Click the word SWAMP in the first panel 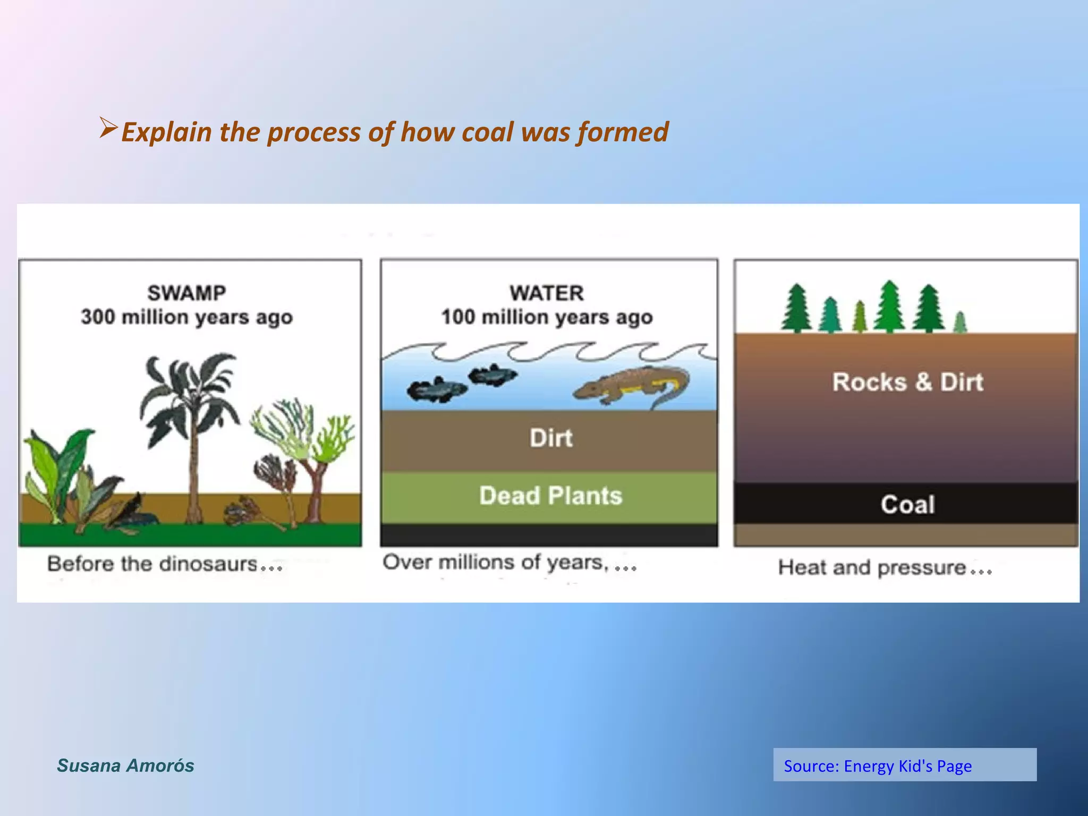(x=186, y=293)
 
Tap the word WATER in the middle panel (x=547, y=293)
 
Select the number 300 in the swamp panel (x=98, y=317)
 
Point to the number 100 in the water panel (x=458, y=317)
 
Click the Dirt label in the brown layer (x=551, y=438)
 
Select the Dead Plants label (x=550, y=496)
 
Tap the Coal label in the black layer (x=907, y=504)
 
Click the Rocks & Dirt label (x=907, y=382)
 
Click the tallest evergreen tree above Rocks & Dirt (x=889, y=307)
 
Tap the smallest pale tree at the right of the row (x=959, y=322)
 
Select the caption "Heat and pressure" (x=872, y=567)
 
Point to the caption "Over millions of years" (x=494, y=562)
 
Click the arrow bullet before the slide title (x=108, y=129)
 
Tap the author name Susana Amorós (x=125, y=766)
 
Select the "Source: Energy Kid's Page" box (x=904, y=765)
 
